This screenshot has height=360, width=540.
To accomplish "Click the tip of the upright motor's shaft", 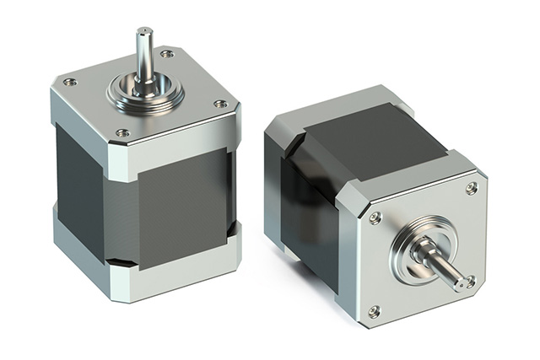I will click(x=143, y=32).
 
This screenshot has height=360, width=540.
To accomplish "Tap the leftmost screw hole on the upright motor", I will click(x=69, y=83).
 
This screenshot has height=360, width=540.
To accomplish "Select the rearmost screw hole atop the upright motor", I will click(x=167, y=54).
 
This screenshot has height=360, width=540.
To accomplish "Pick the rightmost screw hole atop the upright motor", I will click(x=220, y=105).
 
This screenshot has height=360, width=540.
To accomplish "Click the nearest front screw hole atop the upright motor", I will click(x=122, y=132).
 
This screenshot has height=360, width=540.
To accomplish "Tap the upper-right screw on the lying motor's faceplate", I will click(x=472, y=188).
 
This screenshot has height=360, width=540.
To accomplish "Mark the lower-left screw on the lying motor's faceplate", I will click(x=374, y=312).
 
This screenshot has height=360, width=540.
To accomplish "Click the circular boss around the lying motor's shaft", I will click(x=418, y=250).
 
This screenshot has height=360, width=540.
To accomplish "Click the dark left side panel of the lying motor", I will click(x=309, y=219).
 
